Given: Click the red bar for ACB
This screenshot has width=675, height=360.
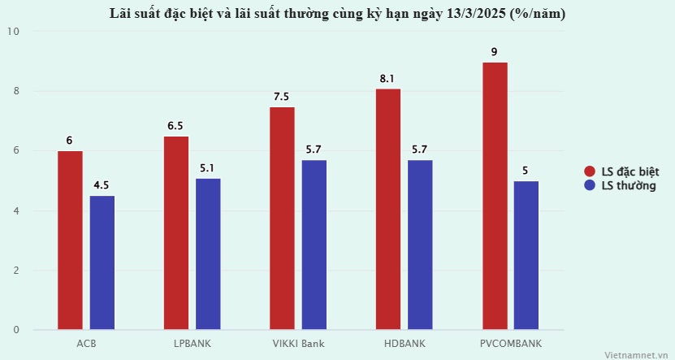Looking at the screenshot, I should (x=70, y=241).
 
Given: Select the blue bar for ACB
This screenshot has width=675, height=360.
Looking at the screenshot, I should (x=102, y=262).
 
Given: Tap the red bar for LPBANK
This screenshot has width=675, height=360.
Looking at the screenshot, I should (x=176, y=233).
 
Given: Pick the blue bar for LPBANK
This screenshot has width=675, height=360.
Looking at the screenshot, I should (x=208, y=254).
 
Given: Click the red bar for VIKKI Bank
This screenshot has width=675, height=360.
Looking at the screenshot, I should (x=282, y=219).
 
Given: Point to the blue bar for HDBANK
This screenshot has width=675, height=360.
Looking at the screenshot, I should (x=420, y=245).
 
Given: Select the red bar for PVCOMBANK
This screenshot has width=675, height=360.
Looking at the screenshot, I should (x=494, y=196).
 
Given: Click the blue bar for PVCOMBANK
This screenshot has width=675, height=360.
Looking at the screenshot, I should (x=526, y=255).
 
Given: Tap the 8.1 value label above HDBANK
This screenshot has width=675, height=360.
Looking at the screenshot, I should (x=387, y=79).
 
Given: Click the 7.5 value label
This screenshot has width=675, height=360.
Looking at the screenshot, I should (x=282, y=97).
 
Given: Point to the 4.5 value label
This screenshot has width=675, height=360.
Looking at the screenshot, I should (x=102, y=185).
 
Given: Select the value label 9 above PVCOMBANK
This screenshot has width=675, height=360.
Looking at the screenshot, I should (x=494, y=52).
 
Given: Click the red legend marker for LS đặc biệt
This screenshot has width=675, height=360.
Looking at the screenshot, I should (x=591, y=171).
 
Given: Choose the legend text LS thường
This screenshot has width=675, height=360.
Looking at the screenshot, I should (x=628, y=187).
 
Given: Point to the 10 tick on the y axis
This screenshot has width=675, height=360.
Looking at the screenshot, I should (x=14, y=32).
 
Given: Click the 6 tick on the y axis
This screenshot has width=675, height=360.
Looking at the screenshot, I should (x=15, y=151).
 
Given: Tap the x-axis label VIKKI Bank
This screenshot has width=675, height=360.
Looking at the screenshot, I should (x=298, y=344).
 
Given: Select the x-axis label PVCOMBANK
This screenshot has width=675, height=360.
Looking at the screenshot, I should (x=510, y=344).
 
